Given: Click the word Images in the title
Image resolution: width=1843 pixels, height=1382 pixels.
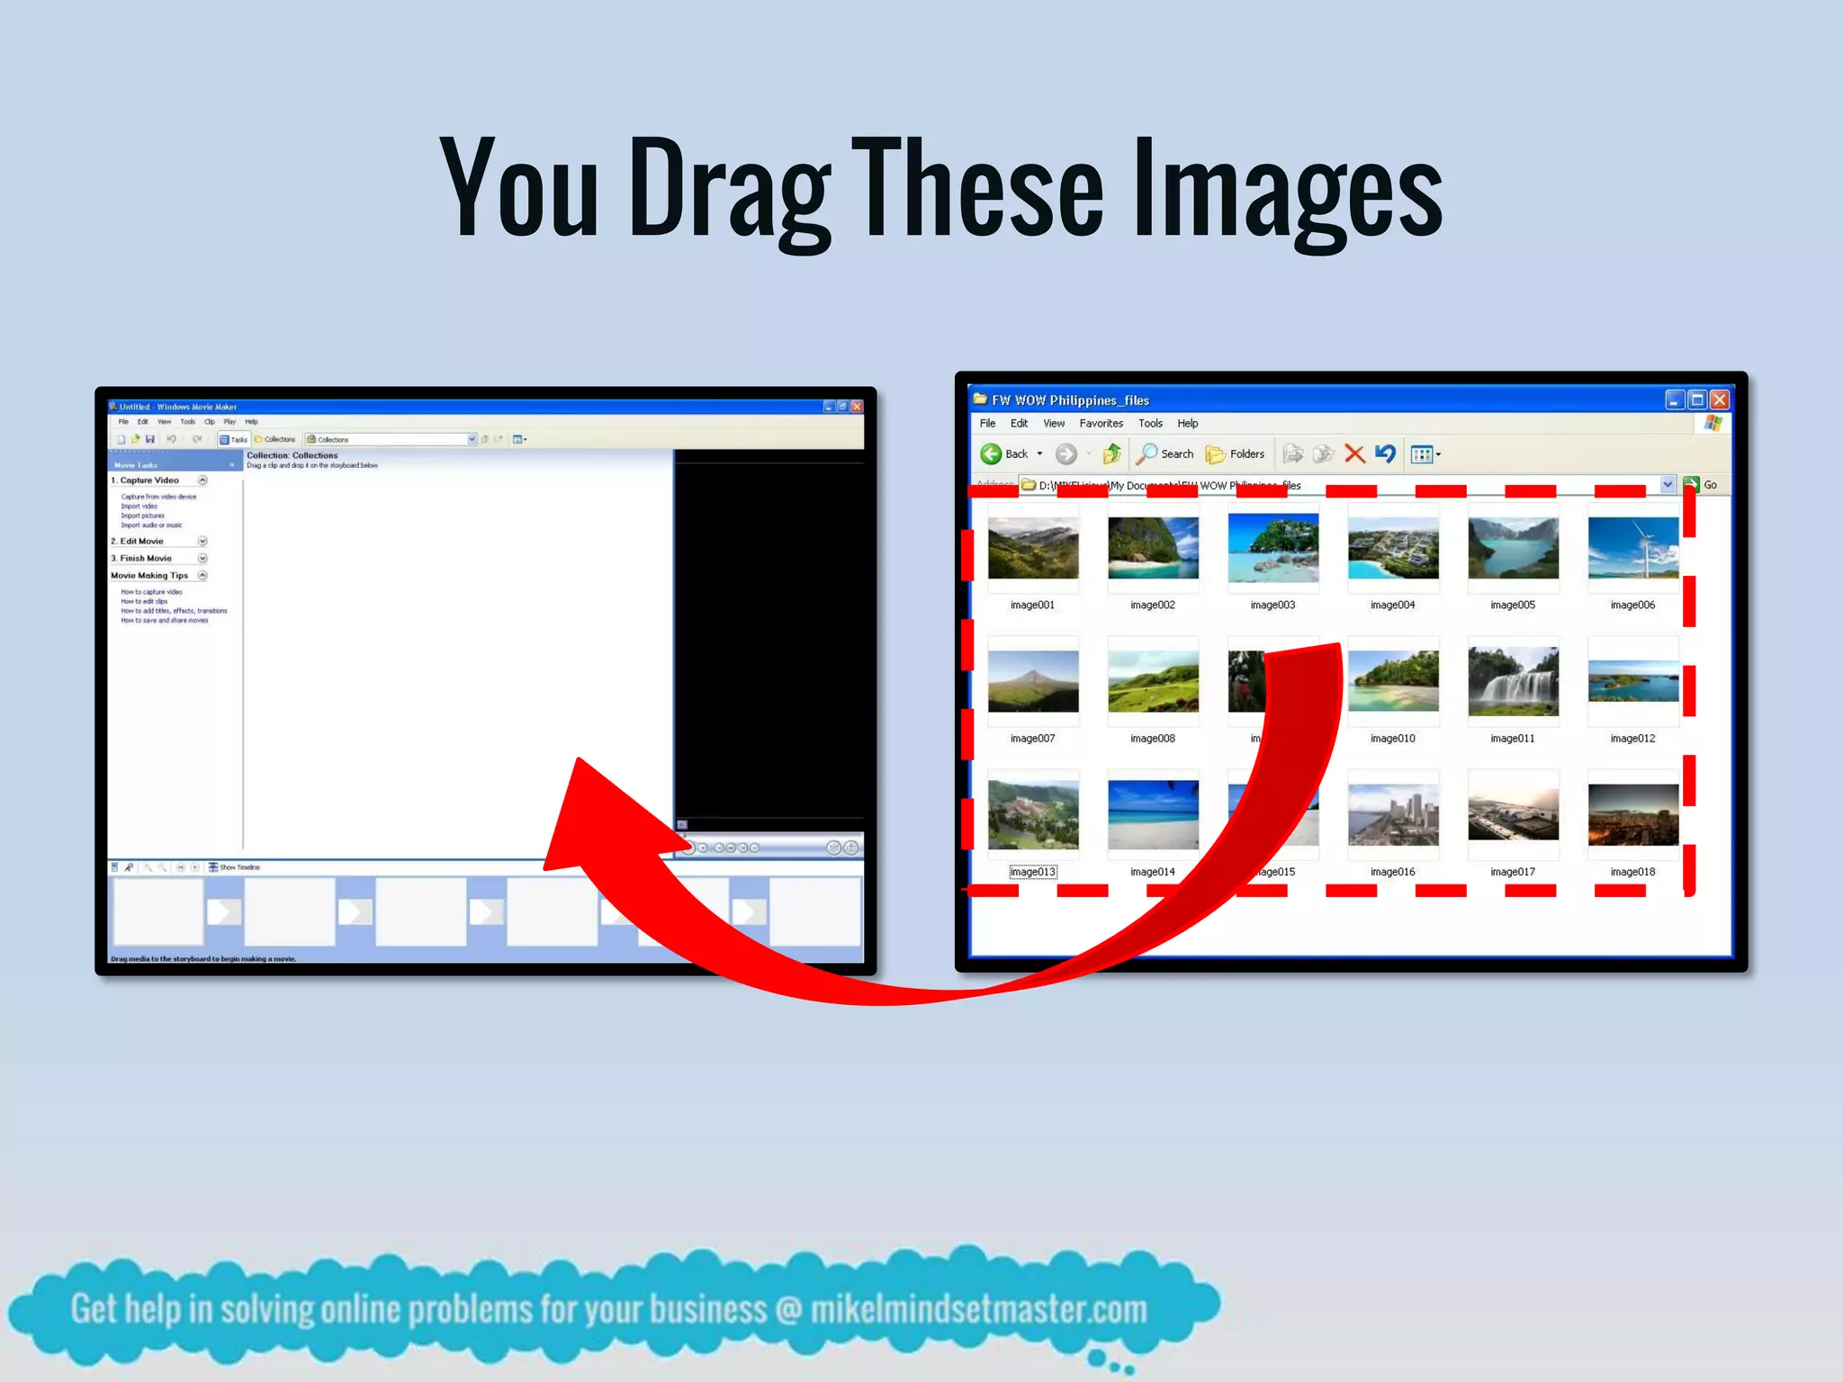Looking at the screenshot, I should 1287,189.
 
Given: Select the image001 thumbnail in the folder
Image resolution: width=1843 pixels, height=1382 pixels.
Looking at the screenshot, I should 1032,548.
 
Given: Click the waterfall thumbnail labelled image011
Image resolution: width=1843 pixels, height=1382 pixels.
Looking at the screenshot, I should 1513,681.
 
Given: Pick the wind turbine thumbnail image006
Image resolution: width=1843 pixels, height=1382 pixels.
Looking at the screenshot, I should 1632,548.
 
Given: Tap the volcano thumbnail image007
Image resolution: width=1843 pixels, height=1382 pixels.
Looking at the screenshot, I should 1032,681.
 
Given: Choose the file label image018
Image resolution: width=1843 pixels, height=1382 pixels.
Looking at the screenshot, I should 1632,872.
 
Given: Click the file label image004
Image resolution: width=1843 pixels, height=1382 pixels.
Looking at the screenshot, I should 1392,605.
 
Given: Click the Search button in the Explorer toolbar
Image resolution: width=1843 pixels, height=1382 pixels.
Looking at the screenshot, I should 1165,454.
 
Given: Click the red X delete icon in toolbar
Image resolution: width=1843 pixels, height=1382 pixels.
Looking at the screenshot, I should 1354,454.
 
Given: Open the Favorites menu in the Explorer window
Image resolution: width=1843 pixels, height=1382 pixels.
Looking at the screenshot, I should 1101,424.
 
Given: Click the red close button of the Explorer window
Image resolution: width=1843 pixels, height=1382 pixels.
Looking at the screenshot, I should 1719,400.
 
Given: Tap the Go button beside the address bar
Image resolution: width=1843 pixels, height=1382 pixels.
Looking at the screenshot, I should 1701,485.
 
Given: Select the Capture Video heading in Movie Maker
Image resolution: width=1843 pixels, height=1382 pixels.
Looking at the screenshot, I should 149,480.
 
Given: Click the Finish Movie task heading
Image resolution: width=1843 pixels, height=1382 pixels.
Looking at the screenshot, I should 145,559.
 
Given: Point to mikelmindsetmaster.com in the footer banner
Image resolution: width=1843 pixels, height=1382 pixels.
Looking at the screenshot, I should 978,1310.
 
